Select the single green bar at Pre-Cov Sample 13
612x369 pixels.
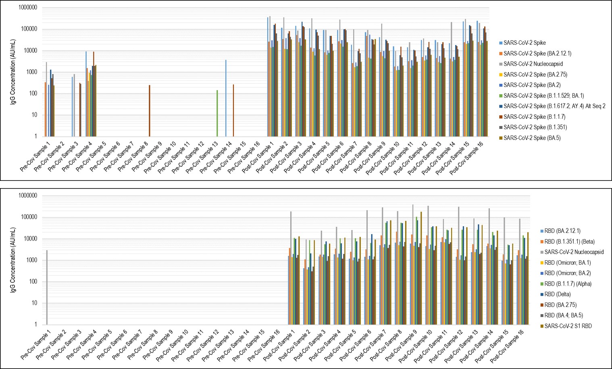[217, 113]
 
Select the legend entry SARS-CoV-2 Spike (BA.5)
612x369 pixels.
[532, 138]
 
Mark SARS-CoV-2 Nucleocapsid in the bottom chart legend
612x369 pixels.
[574, 252]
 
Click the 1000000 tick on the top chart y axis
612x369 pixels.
[27, 8]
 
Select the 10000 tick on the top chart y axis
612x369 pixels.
[30, 51]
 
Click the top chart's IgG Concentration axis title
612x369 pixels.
[13, 72]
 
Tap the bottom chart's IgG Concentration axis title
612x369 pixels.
[13, 260]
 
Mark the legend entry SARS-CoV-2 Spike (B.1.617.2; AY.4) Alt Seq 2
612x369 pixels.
[554, 106]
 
